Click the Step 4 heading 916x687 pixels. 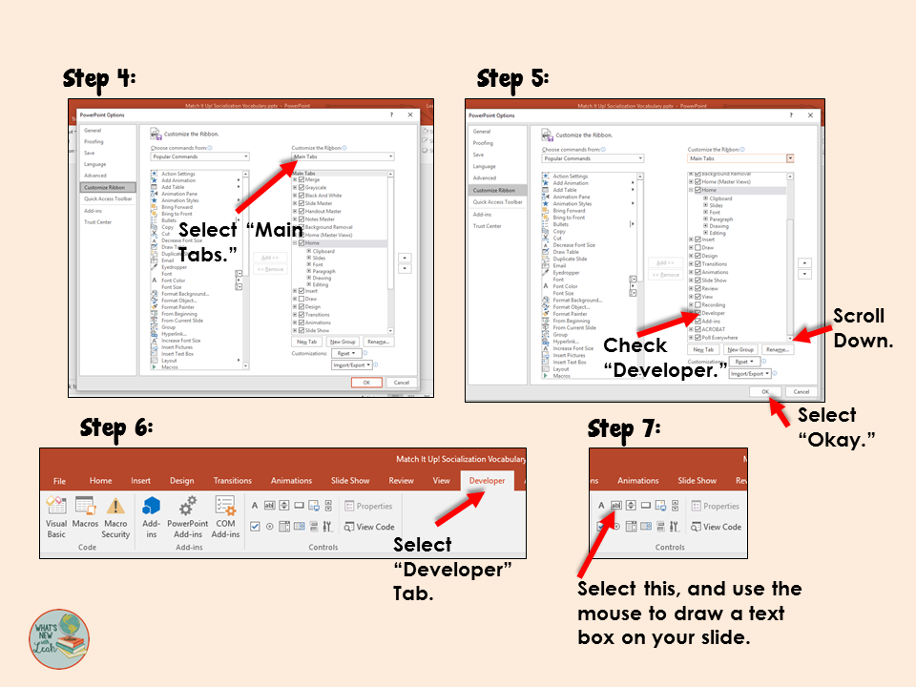pos(99,77)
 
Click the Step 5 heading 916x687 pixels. pos(512,77)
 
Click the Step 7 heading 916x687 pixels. pos(624,428)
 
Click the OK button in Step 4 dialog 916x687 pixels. pos(365,382)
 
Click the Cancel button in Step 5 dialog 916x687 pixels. pos(801,391)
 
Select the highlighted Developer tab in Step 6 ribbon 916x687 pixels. pos(487,481)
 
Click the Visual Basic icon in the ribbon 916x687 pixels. pos(56,507)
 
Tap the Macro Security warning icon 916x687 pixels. pos(115,506)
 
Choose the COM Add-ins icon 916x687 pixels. pos(225,506)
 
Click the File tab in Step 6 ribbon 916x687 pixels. pos(59,481)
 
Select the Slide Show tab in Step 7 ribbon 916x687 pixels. pos(697,481)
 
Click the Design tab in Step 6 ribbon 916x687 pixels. pos(181,481)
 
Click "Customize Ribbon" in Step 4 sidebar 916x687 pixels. pos(103,188)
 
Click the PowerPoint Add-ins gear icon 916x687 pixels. pos(187,506)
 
